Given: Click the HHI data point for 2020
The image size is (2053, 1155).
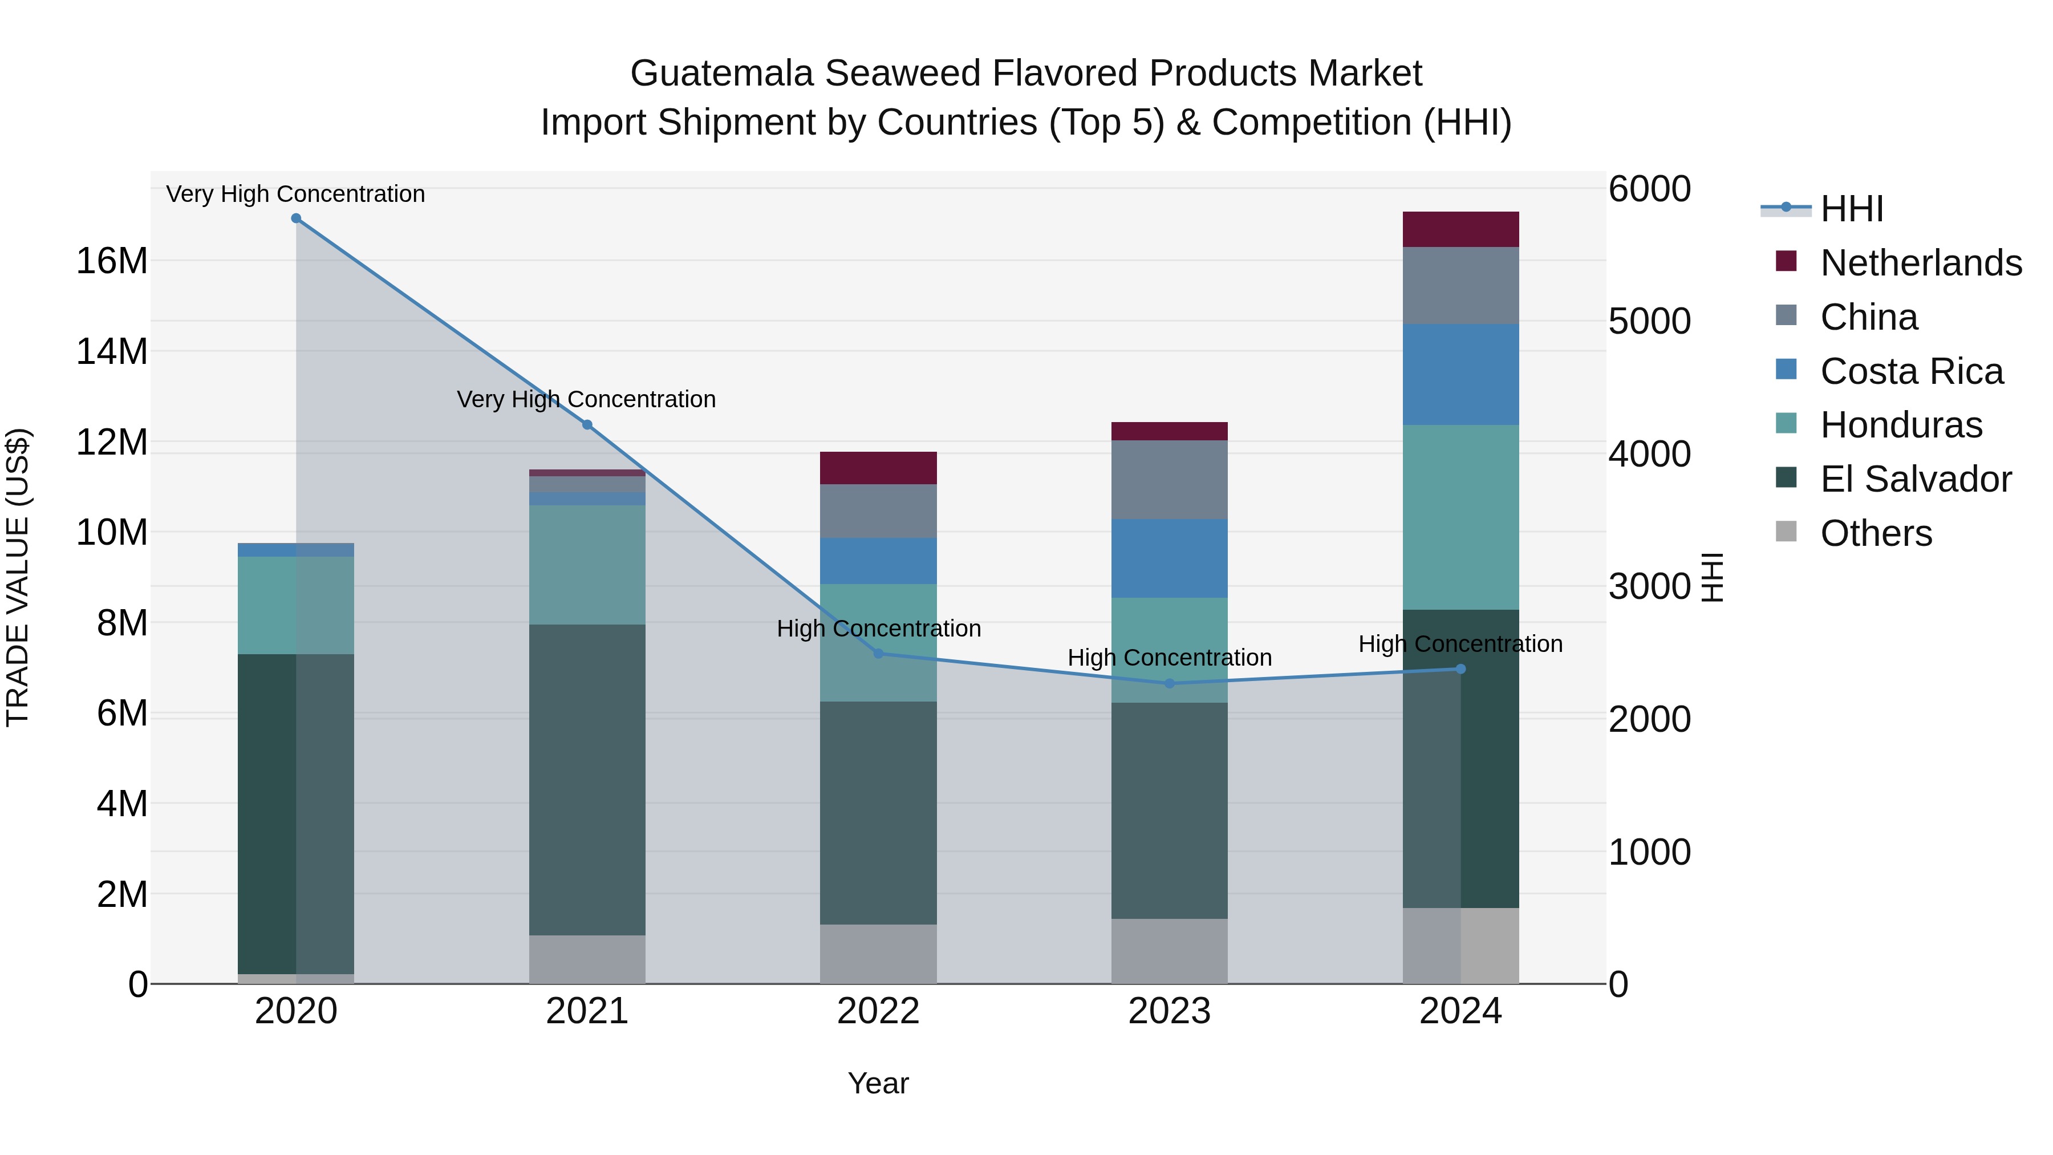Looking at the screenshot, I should (295, 218).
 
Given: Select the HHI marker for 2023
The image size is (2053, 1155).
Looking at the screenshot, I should (1169, 683).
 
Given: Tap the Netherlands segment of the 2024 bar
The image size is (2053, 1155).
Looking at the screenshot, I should (1460, 229).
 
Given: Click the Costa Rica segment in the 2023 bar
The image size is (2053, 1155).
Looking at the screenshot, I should (1169, 558).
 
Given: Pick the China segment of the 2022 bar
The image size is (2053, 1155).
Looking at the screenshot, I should (878, 511).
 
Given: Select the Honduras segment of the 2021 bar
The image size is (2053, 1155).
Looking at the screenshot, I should (587, 564).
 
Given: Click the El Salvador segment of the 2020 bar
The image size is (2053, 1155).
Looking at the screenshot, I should (267, 813).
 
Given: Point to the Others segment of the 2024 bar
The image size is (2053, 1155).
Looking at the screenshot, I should (1489, 945).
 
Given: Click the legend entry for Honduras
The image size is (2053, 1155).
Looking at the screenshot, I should (1901, 425).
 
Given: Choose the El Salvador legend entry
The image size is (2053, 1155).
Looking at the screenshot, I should (1915, 479).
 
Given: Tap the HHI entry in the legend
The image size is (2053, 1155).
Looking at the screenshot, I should (1851, 209).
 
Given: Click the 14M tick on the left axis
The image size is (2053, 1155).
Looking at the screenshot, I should (112, 351).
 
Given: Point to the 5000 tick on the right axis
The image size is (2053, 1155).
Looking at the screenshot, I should (1649, 321).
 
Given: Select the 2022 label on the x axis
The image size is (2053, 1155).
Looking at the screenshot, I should (878, 1011).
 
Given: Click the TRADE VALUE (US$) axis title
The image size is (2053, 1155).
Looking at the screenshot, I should (18, 577).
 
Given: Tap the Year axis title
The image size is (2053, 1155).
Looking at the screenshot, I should (878, 1083).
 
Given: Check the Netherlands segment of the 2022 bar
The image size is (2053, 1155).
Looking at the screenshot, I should (878, 468).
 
